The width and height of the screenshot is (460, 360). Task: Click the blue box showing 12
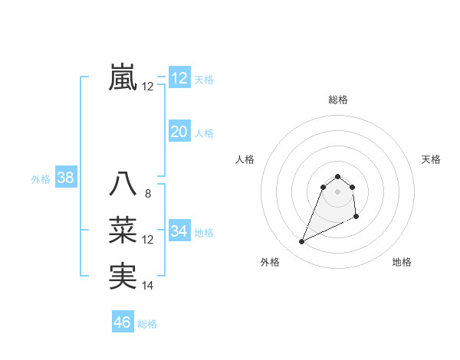pyautogui.click(x=179, y=77)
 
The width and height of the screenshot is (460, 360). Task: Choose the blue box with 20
pyautogui.click(x=179, y=132)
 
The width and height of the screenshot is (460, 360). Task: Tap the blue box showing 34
pyautogui.click(x=179, y=231)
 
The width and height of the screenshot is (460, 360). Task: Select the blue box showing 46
pyautogui.click(x=123, y=322)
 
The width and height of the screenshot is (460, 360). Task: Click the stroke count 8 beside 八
pyautogui.click(x=147, y=194)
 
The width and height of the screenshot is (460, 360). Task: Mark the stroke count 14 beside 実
pyautogui.click(x=147, y=286)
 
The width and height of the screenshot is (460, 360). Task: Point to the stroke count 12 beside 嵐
pyautogui.click(x=147, y=87)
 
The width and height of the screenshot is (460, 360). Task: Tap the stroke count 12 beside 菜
pyautogui.click(x=147, y=240)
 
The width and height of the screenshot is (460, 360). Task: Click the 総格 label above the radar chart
pyautogui.click(x=338, y=100)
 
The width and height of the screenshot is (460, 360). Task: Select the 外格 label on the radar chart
pyautogui.click(x=270, y=262)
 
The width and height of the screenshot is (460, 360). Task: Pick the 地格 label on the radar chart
pyautogui.click(x=402, y=262)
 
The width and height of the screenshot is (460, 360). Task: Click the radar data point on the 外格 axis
pyautogui.click(x=301, y=242)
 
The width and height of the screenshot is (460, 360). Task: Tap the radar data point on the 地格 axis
pyautogui.click(x=356, y=218)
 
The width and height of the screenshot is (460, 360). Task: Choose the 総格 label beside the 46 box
pyautogui.click(x=147, y=324)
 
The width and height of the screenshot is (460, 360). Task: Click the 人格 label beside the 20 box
pyautogui.click(x=204, y=133)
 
